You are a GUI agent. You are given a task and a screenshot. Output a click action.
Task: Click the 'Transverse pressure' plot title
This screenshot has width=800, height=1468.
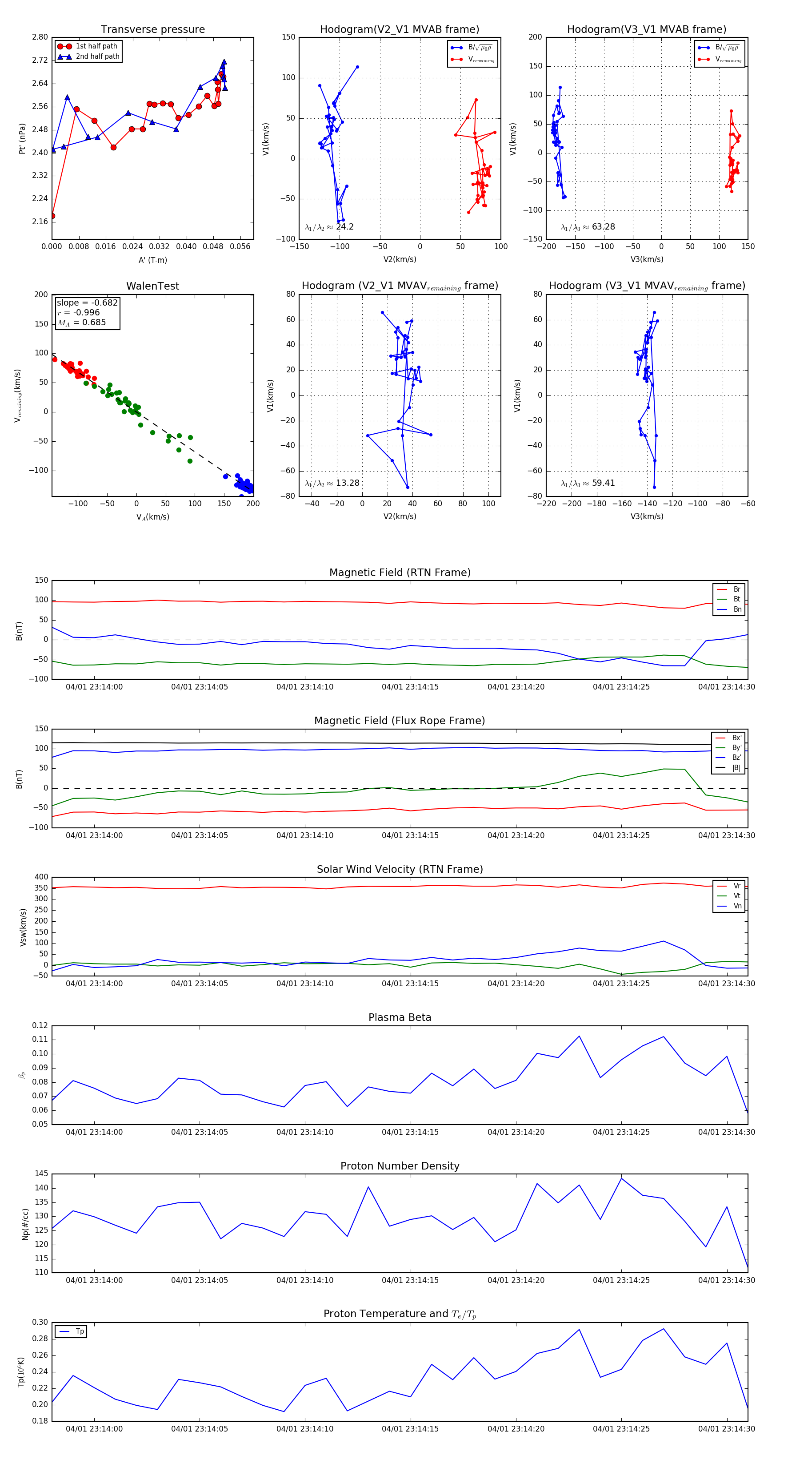click(x=152, y=30)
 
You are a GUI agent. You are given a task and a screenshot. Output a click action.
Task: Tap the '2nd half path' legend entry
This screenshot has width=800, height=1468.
click(x=97, y=56)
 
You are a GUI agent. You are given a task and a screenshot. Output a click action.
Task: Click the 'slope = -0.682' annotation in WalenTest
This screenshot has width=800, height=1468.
click(x=87, y=302)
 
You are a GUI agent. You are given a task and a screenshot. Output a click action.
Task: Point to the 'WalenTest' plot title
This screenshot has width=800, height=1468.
click(x=152, y=286)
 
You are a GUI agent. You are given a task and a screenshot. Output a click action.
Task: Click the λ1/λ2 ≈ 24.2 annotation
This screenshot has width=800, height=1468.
click(x=329, y=227)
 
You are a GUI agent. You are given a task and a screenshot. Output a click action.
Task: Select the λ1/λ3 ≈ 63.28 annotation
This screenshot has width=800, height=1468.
click(x=588, y=227)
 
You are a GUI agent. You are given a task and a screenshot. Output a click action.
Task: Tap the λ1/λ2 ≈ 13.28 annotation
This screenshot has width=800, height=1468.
click(x=332, y=483)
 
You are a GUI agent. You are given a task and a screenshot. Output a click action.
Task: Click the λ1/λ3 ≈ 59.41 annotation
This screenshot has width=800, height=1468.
click(x=588, y=483)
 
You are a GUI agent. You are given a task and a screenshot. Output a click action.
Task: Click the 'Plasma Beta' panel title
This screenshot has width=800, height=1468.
click(x=400, y=1018)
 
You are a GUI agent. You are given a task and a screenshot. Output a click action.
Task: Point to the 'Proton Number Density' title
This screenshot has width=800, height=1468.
click(x=400, y=1166)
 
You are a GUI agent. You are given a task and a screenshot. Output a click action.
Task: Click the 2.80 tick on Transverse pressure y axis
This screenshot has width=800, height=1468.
click(x=40, y=37)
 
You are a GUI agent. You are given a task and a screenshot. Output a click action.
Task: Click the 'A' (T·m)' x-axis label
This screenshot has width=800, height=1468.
click(x=152, y=260)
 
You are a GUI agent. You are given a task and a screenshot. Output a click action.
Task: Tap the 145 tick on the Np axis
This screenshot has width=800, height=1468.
click(x=42, y=1174)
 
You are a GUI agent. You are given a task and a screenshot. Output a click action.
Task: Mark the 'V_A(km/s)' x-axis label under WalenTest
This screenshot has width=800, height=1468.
click(x=152, y=517)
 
